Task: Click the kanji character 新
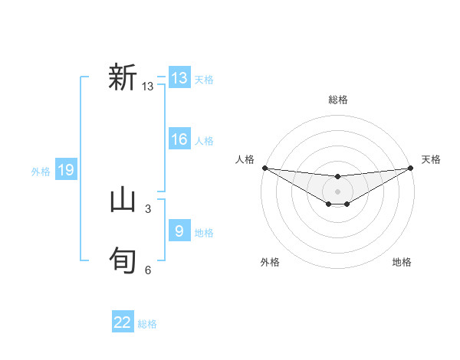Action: tap(123, 78)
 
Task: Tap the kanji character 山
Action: tap(123, 200)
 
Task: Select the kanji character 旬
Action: tap(123, 260)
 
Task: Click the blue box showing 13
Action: tap(179, 78)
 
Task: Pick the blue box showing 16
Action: tap(179, 139)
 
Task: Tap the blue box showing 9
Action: tap(179, 231)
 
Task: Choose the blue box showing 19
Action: tap(66, 170)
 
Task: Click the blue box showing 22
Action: tap(123, 322)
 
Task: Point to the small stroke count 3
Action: tap(148, 208)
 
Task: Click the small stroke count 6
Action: tap(148, 270)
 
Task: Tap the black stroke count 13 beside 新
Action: tap(148, 87)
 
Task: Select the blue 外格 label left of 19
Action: tap(41, 172)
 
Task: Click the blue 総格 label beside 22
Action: tap(147, 324)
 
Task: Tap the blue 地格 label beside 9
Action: tap(204, 233)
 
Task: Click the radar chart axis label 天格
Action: tap(432, 159)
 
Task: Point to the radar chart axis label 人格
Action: tap(245, 159)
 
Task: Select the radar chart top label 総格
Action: tap(338, 100)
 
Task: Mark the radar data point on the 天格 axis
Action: tap(411, 168)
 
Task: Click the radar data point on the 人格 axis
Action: tap(264, 168)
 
